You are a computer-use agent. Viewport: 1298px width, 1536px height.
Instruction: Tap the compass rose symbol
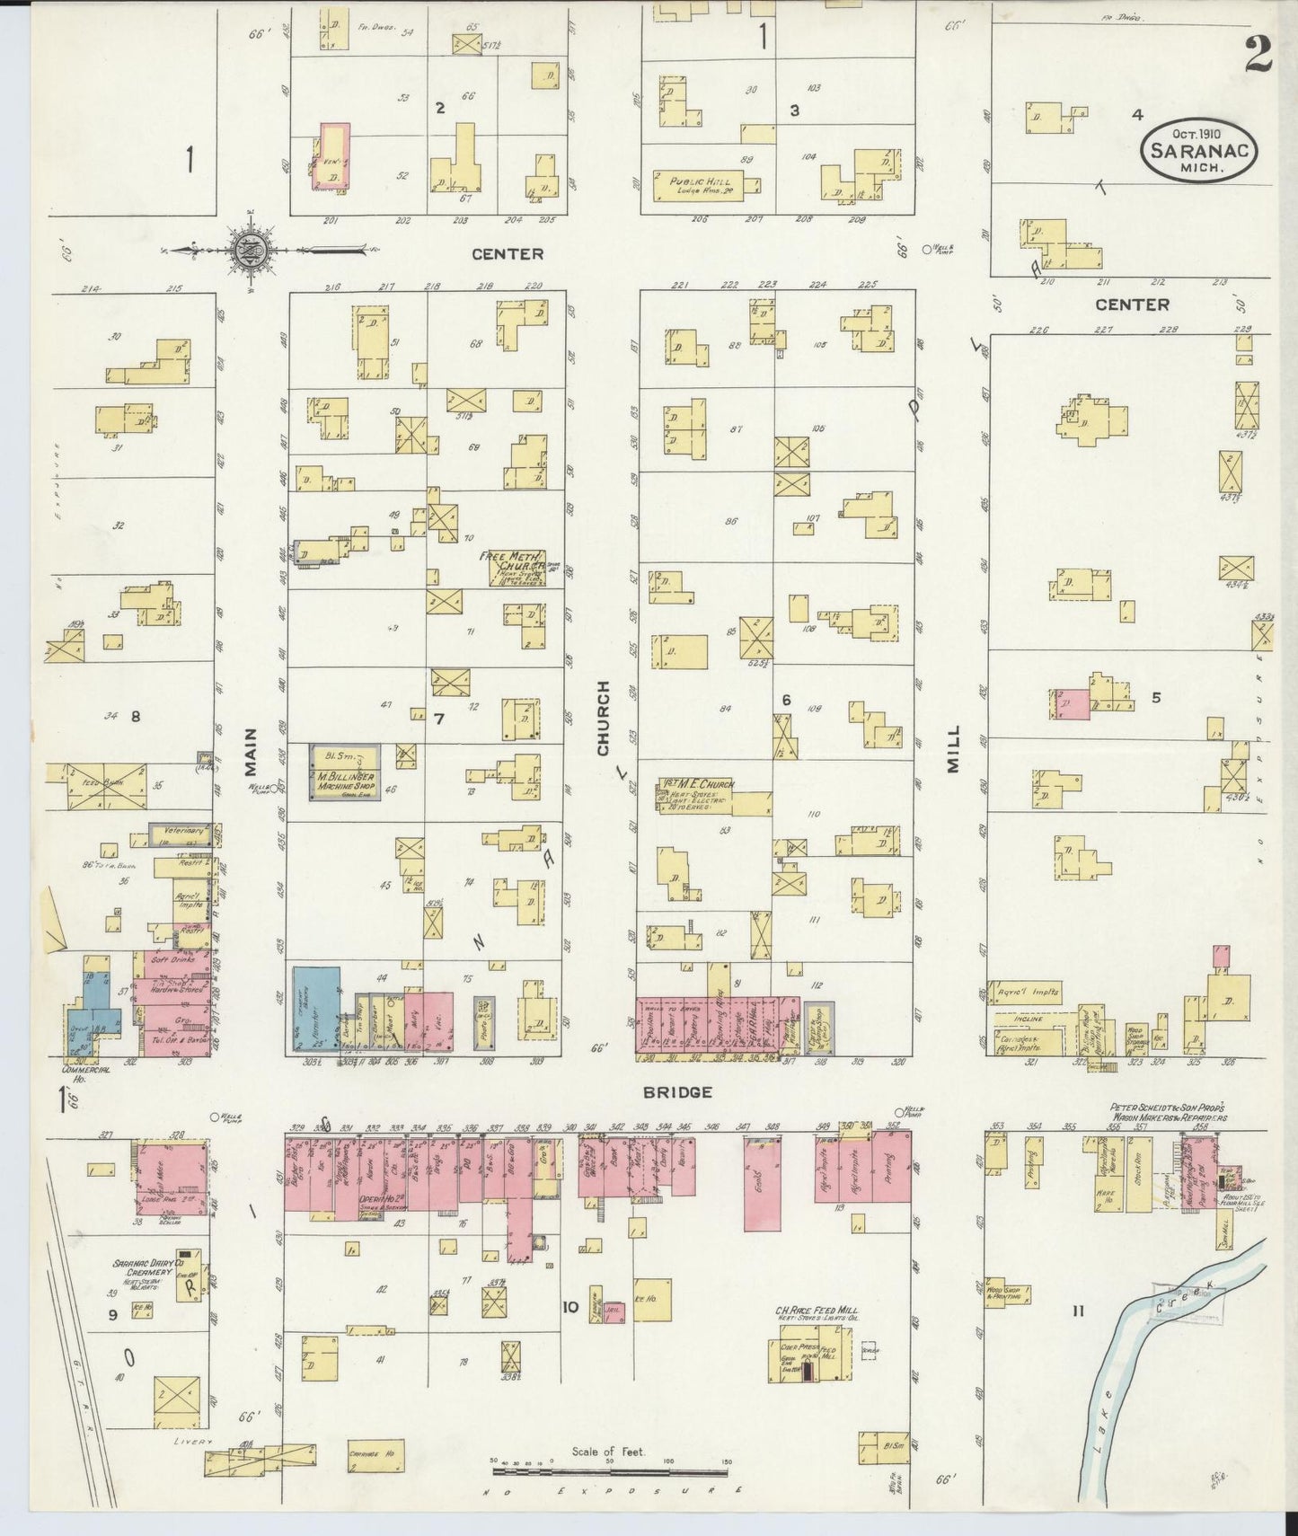pyautogui.click(x=245, y=251)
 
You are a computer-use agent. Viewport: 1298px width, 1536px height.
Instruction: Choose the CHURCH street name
pyautogui.click(x=603, y=718)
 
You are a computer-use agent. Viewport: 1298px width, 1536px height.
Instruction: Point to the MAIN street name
pyautogui.click(x=251, y=752)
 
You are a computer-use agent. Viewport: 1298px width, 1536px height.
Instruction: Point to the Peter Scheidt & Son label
pyautogui.click(x=1168, y=1111)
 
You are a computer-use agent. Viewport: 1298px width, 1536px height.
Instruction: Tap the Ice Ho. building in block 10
pyautogui.click(x=651, y=1300)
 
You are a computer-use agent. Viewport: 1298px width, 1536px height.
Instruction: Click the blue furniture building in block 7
pyautogui.click(x=315, y=1009)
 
